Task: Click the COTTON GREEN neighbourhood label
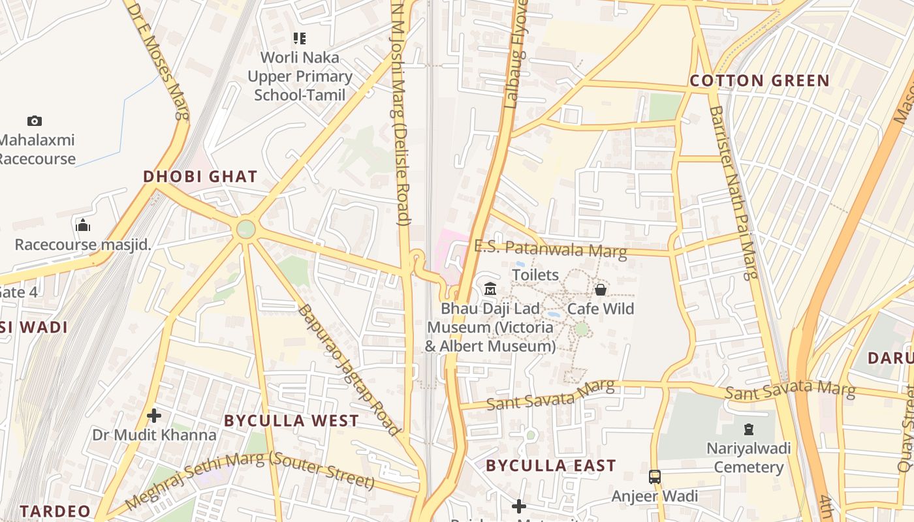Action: click(x=759, y=81)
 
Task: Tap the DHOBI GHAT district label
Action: click(x=200, y=177)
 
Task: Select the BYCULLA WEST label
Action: click(x=291, y=421)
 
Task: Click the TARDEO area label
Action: click(x=55, y=511)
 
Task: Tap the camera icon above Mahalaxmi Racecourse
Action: click(x=35, y=121)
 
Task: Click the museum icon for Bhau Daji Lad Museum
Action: click(x=490, y=288)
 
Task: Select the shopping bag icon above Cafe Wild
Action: click(x=600, y=289)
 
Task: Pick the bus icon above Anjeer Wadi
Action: click(x=654, y=477)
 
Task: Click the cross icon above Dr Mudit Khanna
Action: click(x=154, y=415)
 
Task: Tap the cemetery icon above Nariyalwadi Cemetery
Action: click(x=748, y=429)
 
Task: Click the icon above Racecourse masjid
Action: click(x=83, y=225)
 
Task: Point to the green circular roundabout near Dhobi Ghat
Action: click(x=246, y=229)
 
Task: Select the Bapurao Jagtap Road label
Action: click(x=347, y=369)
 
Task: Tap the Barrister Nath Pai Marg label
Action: click(x=733, y=192)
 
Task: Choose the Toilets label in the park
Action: click(x=535, y=275)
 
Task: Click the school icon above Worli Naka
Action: click(x=300, y=38)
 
